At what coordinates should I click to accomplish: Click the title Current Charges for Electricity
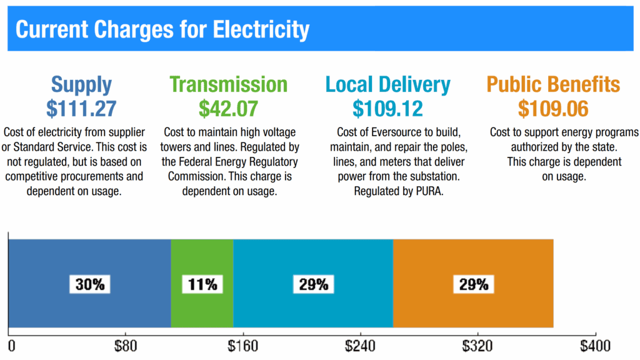click(162, 29)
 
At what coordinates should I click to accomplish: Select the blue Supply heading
click(81, 84)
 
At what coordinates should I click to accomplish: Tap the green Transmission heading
click(228, 84)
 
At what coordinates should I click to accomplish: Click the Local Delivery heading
click(387, 84)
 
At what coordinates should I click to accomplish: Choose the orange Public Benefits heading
click(553, 84)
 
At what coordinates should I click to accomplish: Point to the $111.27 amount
click(81, 109)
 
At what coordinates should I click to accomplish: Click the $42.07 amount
click(228, 109)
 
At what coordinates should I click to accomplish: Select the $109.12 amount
click(387, 109)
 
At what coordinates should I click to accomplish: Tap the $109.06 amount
click(553, 109)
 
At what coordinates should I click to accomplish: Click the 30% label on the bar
click(90, 284)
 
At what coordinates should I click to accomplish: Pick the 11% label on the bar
click(202, 284)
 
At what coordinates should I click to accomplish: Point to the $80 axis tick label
click(124, 346)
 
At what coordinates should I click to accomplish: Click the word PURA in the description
click(429, 191)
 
